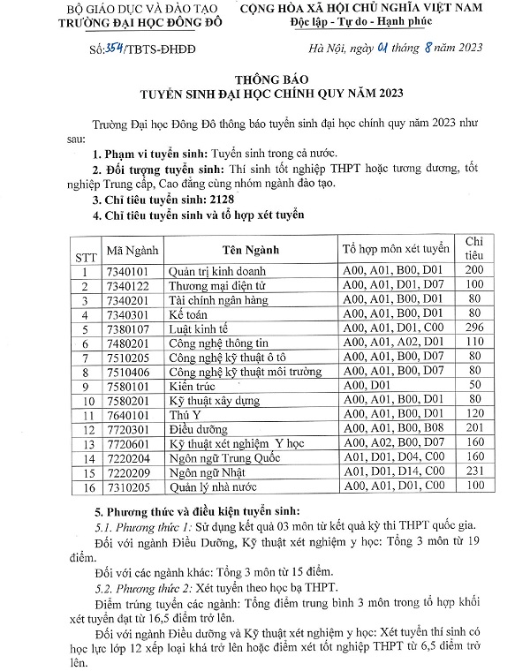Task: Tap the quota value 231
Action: (x=474, y=472)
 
